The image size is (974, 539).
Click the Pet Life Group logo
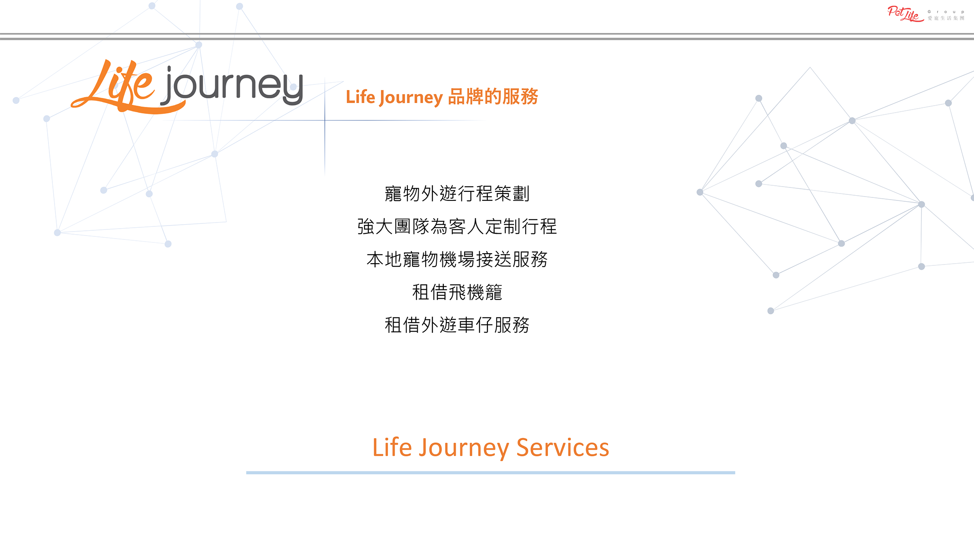(926, 14)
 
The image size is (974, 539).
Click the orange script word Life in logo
(113, 87)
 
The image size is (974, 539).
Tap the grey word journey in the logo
(232, 85)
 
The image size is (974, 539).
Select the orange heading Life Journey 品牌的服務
(442, 97)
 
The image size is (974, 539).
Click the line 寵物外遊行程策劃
(457, 194)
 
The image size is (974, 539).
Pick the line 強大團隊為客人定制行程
(457, 226)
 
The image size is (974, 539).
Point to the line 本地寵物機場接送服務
(457, 259)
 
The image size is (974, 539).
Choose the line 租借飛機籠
(457, 292)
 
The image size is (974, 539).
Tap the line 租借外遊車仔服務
(457, 325)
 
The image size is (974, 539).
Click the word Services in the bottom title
(563, 448)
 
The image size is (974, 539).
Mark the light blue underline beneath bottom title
(490, 473)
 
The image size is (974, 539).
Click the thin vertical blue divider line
(325, 126)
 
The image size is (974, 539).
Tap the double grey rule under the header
(487, 36)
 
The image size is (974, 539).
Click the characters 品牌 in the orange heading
(466, 97)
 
